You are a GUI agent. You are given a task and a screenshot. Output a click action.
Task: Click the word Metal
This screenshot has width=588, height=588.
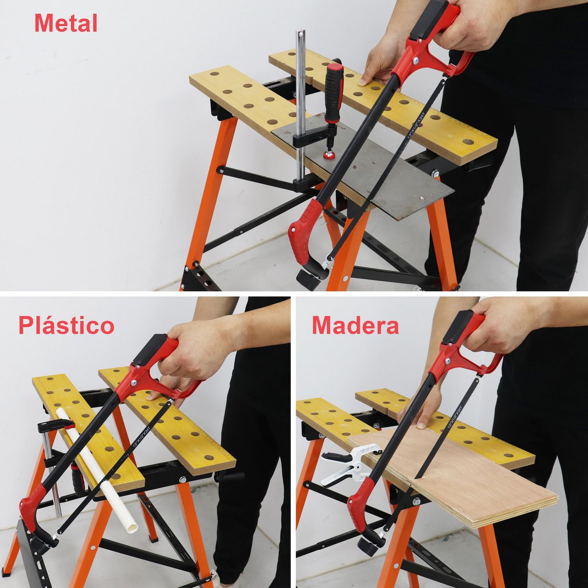[x=66, y=23]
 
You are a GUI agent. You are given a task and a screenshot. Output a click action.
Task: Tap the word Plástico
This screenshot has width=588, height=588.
[x=66, y=325]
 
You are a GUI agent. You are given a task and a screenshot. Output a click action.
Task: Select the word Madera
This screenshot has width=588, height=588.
[x=355, y=325]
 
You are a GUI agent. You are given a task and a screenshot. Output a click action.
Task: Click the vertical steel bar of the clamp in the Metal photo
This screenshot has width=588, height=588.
[x=300, y=98]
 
